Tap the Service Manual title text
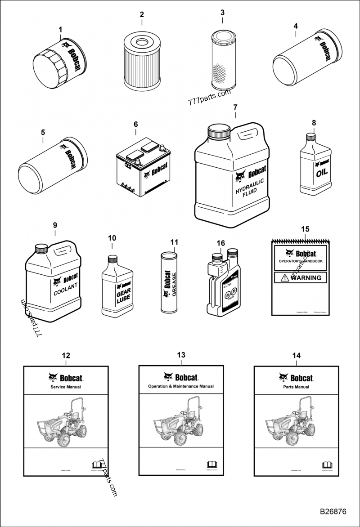coord(66,386)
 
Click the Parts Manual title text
coord(296,387)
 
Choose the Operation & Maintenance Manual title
coord(180,386)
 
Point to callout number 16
coord(220,243)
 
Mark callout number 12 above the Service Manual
coord(66,355)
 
